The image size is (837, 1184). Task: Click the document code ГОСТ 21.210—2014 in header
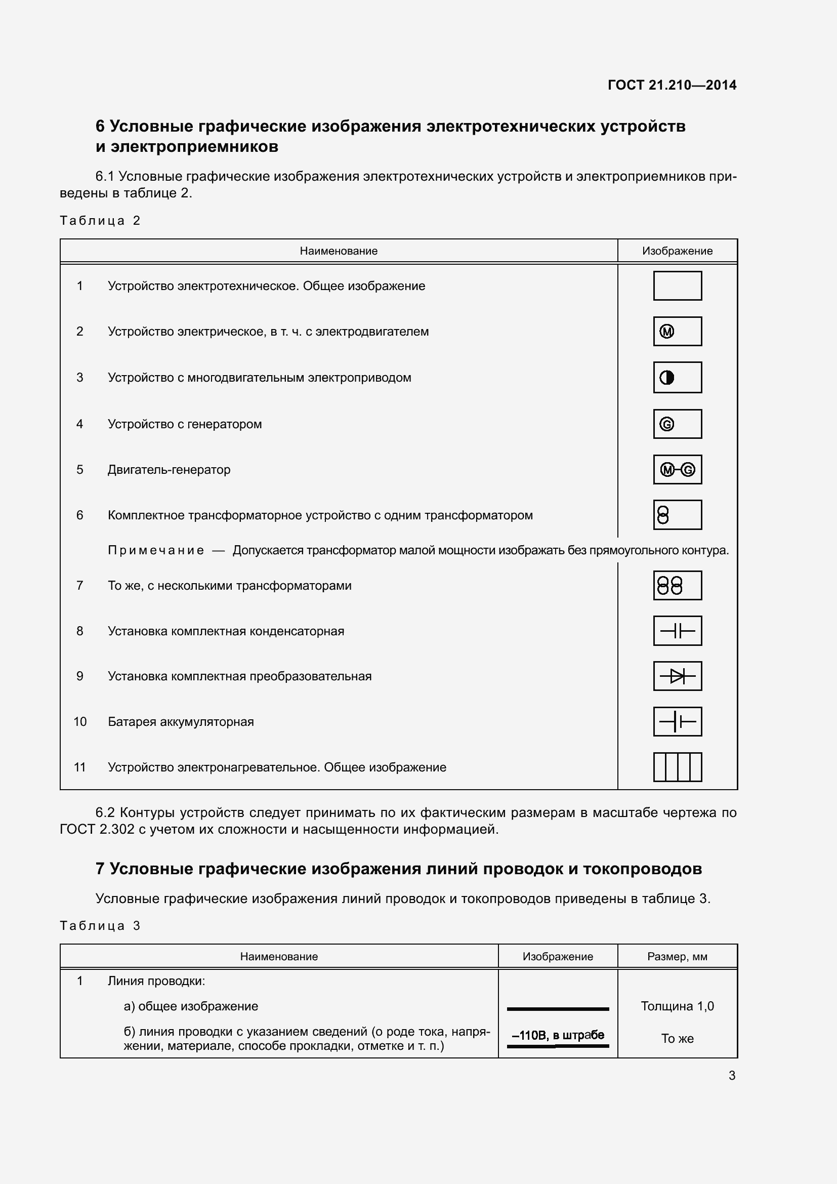[672, 85]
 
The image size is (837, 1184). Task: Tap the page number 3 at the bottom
[731, 1075]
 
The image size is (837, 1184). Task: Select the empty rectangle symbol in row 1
[677, 285]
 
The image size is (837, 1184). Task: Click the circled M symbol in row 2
[667, 332]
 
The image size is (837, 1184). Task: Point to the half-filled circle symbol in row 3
[667, 378]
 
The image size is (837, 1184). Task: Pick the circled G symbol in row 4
[667, 424]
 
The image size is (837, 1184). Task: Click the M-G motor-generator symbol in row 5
[677, 470]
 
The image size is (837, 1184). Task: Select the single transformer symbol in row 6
[663, 515]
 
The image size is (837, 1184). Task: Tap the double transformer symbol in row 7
[670, 585]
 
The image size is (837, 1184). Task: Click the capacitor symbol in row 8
[677, 631]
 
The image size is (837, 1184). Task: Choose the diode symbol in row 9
[677, 676]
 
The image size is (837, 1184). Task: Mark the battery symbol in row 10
[677, 721]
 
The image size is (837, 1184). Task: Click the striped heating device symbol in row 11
[677, 767]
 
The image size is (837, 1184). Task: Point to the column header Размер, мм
[677, 957]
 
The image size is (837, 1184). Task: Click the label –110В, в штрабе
[558, 1035]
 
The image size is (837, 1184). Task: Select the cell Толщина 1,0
[677, 1006]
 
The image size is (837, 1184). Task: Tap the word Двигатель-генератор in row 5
[169, 470]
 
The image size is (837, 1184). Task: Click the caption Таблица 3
[100, 926]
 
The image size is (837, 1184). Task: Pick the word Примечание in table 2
[156, 550]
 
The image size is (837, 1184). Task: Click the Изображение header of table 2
[677, 251]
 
